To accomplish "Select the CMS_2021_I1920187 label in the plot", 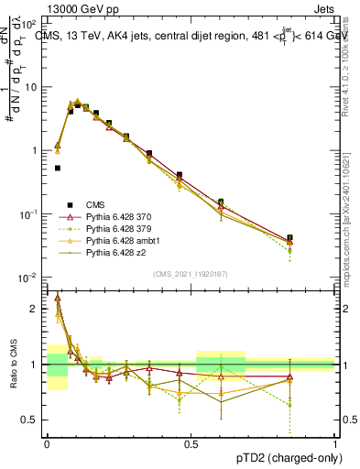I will (x=190, y=274).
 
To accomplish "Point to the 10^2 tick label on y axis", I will (x=31, y=24).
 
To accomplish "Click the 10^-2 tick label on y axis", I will (x=31, y=278).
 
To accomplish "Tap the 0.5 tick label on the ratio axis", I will (x=33, y=420).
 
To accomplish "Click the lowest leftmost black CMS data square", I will (x=58, y=168).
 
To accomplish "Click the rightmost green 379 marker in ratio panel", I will (x=289, y=404).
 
